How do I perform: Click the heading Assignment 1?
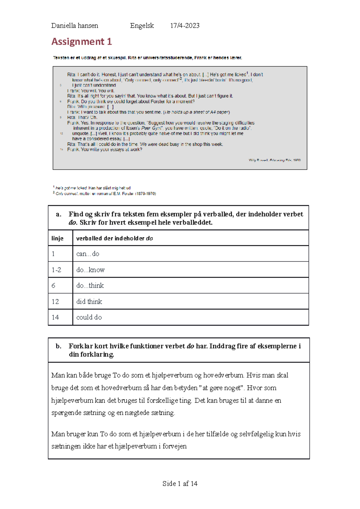[82, 41]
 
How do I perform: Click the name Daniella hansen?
[75, 26]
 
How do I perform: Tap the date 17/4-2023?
[185, 26]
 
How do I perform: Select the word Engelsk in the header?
[142, 26]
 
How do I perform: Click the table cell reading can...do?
[88, 254]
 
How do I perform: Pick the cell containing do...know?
[90, 270]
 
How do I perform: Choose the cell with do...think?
[90, 286]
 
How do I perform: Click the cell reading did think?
[89, 302]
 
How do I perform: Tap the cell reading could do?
[89, 317]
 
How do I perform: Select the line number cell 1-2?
[56, 270]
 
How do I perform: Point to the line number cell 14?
[55, 317]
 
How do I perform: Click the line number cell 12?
[55, 302]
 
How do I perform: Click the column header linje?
[57, 238]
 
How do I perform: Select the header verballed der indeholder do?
[115, 238]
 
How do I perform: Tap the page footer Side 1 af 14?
[180, 484]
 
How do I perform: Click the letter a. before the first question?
[58, 214]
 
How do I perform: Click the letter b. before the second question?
[58, 346]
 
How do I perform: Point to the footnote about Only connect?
[105, 194]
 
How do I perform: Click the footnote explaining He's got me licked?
[92, 188]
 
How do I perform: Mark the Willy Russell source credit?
[274, 160]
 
